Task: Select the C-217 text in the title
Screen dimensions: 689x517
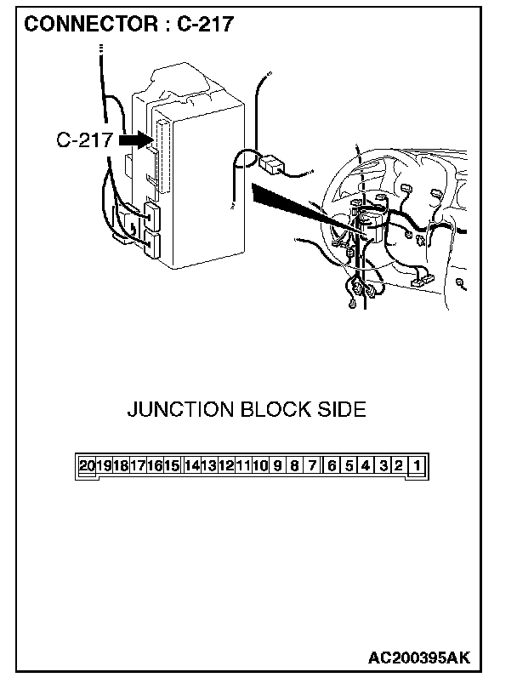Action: pyautogui.click(x=205, y=25)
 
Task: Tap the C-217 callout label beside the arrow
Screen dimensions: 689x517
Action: pyautogui.click(x=84, y=141)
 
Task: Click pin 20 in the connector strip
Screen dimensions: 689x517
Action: pyautogui.click(x=88, y=466)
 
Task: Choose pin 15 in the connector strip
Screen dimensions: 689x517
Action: pyautogui.click(x=172, y=466)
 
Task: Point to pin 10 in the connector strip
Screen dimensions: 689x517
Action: pyautogui.click(x=260, y=466)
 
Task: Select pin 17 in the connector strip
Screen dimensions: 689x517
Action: pyautogui.click(x=138, y=466)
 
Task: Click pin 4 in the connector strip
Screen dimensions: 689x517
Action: pyautogui.click(x=366, y=466)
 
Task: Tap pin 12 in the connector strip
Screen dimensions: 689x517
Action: pyautogui.click(x=225, y=466)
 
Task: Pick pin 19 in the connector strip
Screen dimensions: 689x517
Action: pyautogui.click(x=104, y=466)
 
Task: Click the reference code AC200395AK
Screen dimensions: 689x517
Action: pyautogui.click(x=419, y=658)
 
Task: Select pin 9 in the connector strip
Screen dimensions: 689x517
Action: pyautogui.click(x=277, y=466)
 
